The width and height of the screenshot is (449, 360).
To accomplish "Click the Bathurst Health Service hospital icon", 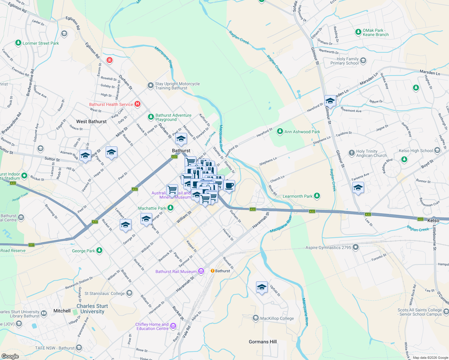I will click(x=137, y=104).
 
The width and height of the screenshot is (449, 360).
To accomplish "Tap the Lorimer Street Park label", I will click(x=41, y=43).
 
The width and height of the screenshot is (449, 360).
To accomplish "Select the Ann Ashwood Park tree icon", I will click(x=280, y=131).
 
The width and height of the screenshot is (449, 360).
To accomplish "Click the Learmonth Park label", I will click(x=297, y=196).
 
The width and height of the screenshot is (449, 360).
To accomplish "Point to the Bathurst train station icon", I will click(x=212, y=271).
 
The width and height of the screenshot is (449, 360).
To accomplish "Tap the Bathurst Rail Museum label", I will click(x=176, y=271).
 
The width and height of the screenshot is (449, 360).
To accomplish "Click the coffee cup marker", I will click(x=229, y=185).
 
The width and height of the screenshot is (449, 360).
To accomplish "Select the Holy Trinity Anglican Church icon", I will click(x=351, y=153).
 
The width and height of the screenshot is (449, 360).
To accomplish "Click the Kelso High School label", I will click(x=416, y=151).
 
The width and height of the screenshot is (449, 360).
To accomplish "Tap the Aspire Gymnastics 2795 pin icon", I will click(x=356, y=247).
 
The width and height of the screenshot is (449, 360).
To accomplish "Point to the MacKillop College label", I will click(x=277, y=318).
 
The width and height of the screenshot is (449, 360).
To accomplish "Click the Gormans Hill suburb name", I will click(x=263, y=342).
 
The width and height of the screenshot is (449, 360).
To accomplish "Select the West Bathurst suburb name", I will click(x=91, y=121).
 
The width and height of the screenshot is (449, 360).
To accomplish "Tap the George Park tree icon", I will click(x=99, y=250).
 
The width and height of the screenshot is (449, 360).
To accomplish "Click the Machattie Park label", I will click(x=152, y=208).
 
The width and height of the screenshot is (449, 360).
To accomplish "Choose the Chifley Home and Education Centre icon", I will click(x=173, y=326).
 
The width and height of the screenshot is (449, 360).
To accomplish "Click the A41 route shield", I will click(x=32, y=245).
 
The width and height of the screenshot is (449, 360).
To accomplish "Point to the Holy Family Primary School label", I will click(x=344, y=61).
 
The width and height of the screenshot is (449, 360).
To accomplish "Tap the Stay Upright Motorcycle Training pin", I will click(x=150, y=85).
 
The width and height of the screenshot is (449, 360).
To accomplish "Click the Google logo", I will click(x=10, y=356).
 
